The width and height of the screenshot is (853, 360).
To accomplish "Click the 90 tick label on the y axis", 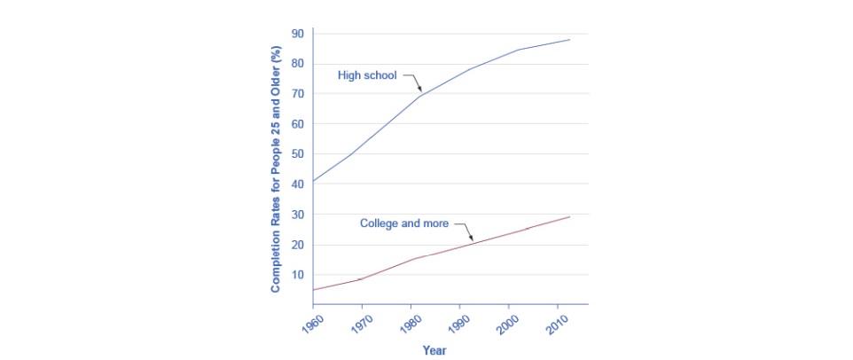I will click(x=299, y=34).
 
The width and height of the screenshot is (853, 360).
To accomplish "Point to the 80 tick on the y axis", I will click(x=299, y=64).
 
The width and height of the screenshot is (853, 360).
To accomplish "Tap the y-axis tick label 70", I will click(x=299, y=94).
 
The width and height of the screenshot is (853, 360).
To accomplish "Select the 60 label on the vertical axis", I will click(x=299, y=124).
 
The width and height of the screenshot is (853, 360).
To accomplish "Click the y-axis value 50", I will click(x=299, y=154).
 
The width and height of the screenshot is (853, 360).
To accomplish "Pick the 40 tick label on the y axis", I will click(x=299, y=184).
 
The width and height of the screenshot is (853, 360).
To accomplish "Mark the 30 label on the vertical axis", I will click(x=299, y=215).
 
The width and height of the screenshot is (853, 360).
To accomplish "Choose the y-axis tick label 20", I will click(x=299, y=245).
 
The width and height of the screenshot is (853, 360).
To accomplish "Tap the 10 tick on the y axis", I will click(x=299, y=275).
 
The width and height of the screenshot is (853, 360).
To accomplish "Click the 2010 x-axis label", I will click(x=554, y=321).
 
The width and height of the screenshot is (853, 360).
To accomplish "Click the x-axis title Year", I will click(x=434, y=350).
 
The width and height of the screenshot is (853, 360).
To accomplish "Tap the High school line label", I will click(x=367, y=75).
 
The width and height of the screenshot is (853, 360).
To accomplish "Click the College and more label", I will click(x=403, y=223).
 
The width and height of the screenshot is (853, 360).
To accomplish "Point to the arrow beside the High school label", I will click(x=414, y=82).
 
